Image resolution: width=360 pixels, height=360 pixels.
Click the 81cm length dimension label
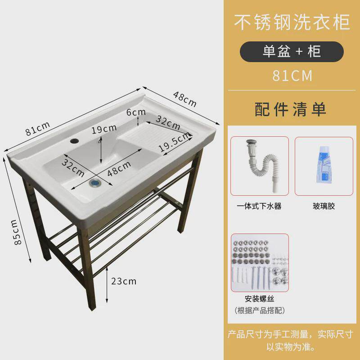tap(38, 129)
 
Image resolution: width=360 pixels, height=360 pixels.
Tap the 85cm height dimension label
tap(16, 232)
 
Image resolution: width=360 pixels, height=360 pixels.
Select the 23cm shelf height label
tap(124, 281)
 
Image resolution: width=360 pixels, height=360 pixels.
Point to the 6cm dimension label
tap(136, 112)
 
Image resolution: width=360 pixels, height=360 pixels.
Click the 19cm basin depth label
tap(104, 129)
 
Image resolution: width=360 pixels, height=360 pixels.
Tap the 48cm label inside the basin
tap(119, 168)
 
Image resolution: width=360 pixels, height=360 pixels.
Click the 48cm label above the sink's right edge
tap(185, 99)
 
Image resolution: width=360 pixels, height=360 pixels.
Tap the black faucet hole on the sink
tap(74, 140)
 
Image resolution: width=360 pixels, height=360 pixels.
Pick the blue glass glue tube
tap(324, 164)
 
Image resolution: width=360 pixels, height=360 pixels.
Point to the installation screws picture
tap(260, 263)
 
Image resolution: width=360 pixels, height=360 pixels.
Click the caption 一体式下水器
tap(259, 206)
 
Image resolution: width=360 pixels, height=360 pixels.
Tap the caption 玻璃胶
tap(324, 206)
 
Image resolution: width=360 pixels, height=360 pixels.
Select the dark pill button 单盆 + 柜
tap(292, 51)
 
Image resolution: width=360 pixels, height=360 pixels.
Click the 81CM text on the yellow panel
tap(292, 76)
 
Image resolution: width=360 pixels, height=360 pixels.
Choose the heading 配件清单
tap(290, 109)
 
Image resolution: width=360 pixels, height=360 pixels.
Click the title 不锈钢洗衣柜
tap(292, 22)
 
